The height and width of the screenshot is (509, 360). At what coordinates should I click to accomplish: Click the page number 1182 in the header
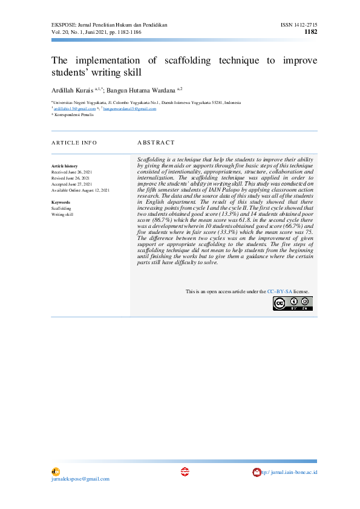[310, 32]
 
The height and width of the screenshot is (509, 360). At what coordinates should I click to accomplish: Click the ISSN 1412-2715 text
[299, 25]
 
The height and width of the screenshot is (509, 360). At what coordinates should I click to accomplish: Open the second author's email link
[129, 109]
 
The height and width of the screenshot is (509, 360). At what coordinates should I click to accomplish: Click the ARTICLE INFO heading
[74, 143]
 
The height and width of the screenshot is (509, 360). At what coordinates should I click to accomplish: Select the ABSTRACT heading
[156, 143]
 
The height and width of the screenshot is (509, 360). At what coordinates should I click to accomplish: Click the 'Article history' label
[64, 166]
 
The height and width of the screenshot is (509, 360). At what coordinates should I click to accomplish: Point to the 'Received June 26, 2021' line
[71, 172]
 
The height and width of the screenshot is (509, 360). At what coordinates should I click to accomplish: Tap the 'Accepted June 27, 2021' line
[71, 184]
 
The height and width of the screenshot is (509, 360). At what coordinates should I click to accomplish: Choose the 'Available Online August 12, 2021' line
[80, 190]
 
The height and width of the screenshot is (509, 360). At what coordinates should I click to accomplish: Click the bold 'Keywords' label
[61, 202]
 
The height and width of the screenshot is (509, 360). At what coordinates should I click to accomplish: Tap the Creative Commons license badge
[292, 303]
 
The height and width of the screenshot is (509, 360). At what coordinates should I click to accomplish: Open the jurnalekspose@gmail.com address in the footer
[80, 479]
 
